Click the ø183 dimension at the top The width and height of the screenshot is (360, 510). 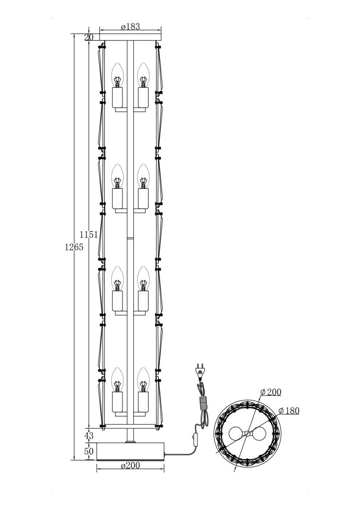coord(130,27)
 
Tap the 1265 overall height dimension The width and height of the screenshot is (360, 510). coord(74,247)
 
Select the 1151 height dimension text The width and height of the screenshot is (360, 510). coord(89,235)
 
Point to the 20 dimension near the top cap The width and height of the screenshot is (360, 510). coord(88,37)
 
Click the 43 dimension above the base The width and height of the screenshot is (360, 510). coord(88,435)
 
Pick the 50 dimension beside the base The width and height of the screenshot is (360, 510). coord(88,451)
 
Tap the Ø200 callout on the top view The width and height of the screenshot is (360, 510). coord(271,392)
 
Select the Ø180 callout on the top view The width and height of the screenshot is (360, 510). coord(289,411)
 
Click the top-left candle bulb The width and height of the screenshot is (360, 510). coord(117,75)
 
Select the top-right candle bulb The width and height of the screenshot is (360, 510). coord(143,75)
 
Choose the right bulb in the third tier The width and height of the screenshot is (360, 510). coord(143,279)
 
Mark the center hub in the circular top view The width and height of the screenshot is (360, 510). coord(247,433)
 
